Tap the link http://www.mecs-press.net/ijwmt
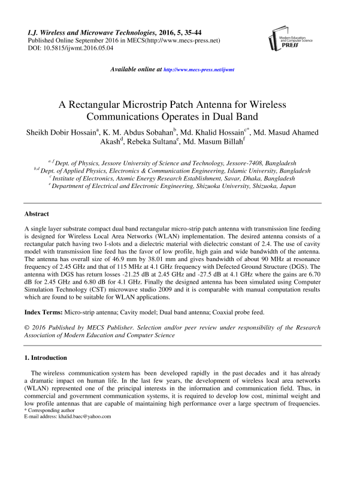(x=199, y=69)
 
